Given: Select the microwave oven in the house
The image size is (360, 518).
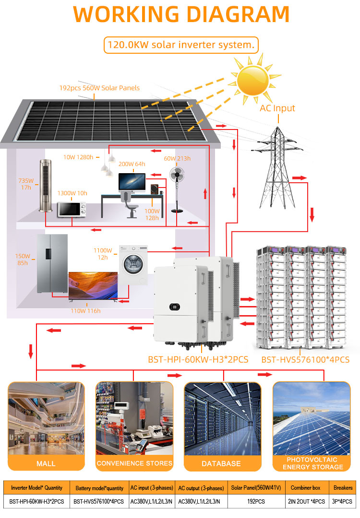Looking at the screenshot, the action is tap(72, 210).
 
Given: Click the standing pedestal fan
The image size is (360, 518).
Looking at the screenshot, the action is tap(177, 189).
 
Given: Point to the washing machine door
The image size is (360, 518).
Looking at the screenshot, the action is tap(133, 264).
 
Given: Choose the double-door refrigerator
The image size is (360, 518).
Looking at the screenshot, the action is tap(52, 264).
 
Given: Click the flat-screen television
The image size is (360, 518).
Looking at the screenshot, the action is tap(93, 286).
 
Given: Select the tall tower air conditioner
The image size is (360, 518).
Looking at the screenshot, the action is tap(46, 185).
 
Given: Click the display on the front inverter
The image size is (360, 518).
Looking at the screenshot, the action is tap(175, 307).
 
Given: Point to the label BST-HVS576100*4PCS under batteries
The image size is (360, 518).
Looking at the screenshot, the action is tap(305, 360).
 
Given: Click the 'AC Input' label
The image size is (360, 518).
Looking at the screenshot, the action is tap(277, 108).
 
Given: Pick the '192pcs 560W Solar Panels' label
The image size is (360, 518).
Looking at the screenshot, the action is tap(99, 88).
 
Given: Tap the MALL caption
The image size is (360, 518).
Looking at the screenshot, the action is tap(46, 463).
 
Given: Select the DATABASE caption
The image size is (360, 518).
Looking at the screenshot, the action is tap(221, 463).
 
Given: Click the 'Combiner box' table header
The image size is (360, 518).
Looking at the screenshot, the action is tap(305, 488).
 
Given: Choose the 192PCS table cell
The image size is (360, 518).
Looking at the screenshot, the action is tap(256, 501).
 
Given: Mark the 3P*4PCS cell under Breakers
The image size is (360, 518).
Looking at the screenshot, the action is tap(342, 501).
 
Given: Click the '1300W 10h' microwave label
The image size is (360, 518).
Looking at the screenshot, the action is tap(72, 193).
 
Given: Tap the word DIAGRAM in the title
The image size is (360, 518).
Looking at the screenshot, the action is tap(238, 14).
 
